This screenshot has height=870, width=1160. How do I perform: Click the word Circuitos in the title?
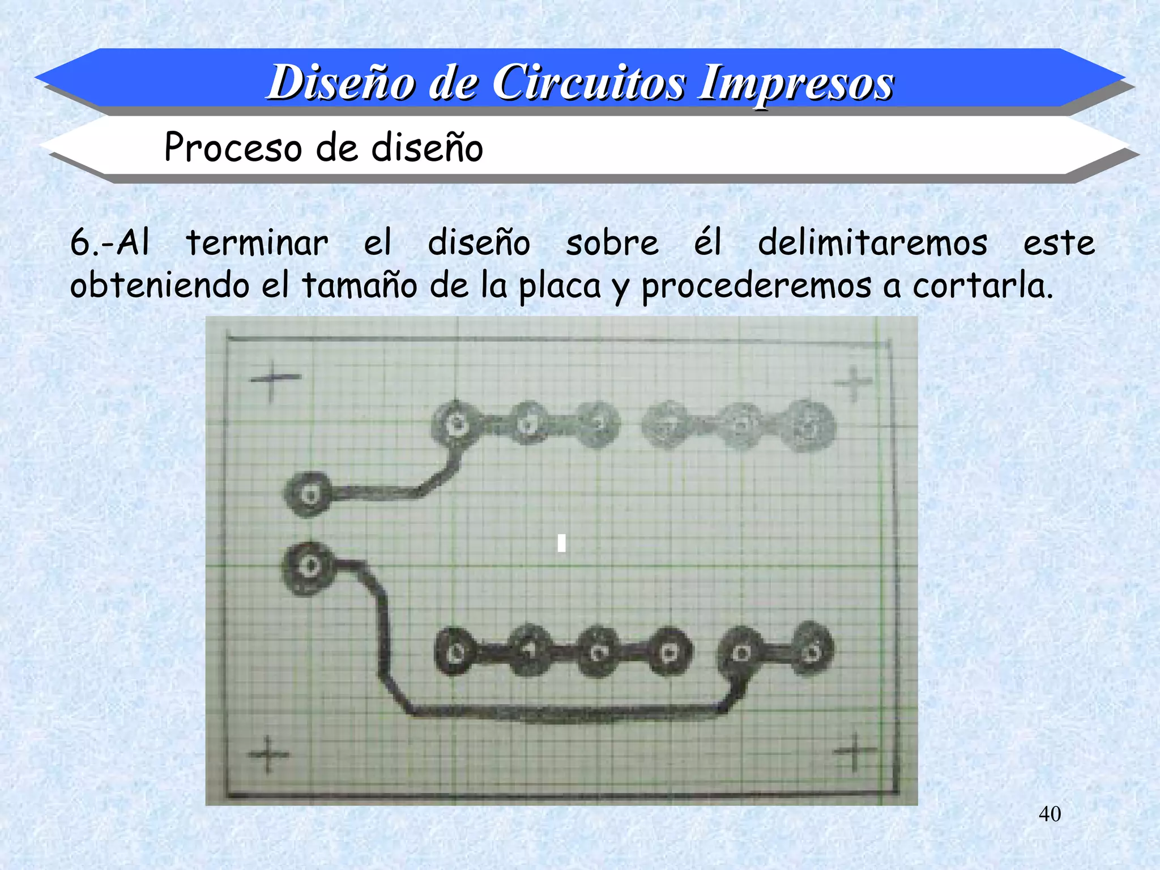pyautogui.click(x=589, y=83)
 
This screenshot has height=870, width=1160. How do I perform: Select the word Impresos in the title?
pyautogui.click(x=795, y=83)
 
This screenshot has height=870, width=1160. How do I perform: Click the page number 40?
pyautogui.click(x=1050, y=814)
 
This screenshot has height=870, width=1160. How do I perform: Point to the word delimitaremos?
pyautogui.click(x=872, y=244)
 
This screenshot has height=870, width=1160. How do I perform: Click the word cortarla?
pyautogui.click(x=982, y=286)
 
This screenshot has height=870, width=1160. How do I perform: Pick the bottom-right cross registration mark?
pyautogui.click(x=854, y=752)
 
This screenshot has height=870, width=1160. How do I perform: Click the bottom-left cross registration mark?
pyautogui.click(x=268, y=754)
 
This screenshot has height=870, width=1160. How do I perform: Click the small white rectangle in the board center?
pyautogui.click(x=561, y=543)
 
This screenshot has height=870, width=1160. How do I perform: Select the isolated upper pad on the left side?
pyautogui.click(x=309, y=494)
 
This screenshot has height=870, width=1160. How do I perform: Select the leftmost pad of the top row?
pyautogui.click(x=456, y=424)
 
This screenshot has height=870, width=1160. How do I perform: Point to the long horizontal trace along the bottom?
pyautogui.click(x=566, y=711)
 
